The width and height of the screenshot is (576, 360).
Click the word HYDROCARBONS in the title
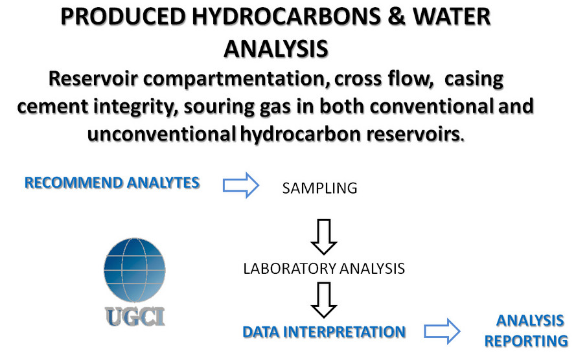coord(286,17)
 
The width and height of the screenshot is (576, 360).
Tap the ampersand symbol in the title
coord(397,17)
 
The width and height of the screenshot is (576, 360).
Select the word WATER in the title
coord(452,17)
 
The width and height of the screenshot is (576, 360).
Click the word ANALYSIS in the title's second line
coord(276,49)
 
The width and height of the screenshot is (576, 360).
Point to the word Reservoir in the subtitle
coord(93,78)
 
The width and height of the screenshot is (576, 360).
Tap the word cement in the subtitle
coord(53,107)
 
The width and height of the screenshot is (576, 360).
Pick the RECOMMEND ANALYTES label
coord(112,183)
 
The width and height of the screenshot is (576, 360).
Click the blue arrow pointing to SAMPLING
coord(241,185)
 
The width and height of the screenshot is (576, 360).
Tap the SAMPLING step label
coord(319,188)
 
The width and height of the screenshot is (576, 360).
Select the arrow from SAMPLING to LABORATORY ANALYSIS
coord(323,237)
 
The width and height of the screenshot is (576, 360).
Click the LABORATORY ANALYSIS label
coord(324,269)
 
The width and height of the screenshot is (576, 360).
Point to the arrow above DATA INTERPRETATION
coord(323,300)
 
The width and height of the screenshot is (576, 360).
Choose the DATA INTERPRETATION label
coord(324,332)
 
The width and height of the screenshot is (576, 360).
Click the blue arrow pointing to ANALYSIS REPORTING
coord(442,332)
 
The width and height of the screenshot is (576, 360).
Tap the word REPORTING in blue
coord(526,341)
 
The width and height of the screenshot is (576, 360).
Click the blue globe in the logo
coord(135,270)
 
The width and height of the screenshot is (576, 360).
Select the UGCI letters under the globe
coord(135,317)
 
